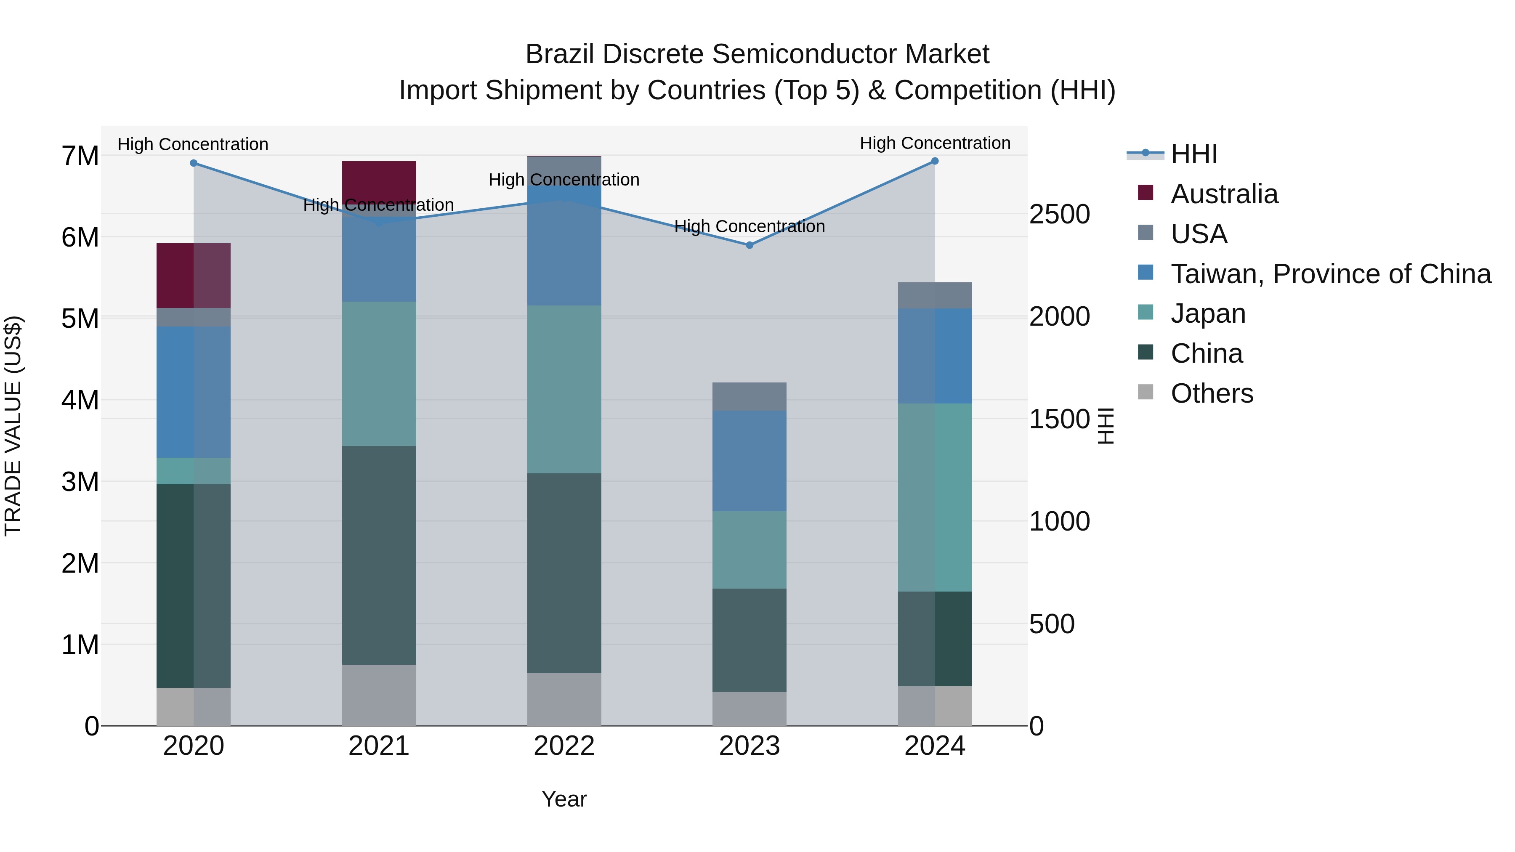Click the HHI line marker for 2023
(x=749, y=245)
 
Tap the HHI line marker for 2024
(x=935, y=161)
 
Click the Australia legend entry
(x=1223, y=194)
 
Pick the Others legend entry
(x=1212, y=393)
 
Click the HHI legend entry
(x=1194, y=154)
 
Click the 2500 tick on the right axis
(x=1059, y=214)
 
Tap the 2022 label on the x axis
(x=564, y=746)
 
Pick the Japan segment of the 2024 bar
(x=935, y=497)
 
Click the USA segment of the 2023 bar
(x=749, y=396)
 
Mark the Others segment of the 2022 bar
(x=564, y=699)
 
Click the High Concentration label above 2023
(x=749, y=226)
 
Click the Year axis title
(x=564, y=799)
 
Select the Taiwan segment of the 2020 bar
(x=194, y=392)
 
